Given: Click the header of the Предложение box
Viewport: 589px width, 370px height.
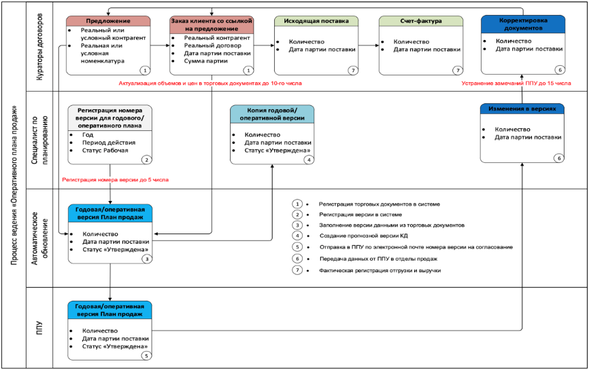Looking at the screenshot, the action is [x=108, y=21].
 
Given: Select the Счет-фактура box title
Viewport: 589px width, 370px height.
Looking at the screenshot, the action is [x=421, y=21].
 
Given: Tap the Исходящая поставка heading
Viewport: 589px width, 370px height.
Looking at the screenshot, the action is [x=316, y=21].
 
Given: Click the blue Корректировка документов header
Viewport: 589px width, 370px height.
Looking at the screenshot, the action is [x=523, y=24].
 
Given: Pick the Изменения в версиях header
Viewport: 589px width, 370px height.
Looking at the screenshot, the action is [x=522, y=109].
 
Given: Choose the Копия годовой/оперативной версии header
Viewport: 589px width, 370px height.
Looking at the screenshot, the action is [x=272, y=114].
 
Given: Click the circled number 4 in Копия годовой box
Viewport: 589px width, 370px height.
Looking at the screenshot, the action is [x=309, y=160].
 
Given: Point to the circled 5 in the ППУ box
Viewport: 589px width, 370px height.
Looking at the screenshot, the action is [x=147, y=356].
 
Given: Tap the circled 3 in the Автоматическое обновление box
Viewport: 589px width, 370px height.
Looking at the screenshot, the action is [x=147, y=259].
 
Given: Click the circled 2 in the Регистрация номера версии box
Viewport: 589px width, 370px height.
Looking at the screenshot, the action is [x=147, y=160].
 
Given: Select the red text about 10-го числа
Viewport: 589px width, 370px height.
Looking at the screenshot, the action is [x=210, y=84].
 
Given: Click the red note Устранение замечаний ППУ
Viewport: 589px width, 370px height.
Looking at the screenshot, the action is [x=516, y=84].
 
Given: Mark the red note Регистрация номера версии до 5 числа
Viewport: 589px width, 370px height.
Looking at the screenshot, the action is [x=116, y=180].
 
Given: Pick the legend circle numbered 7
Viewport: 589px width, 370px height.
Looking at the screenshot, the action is [x=297, y=270].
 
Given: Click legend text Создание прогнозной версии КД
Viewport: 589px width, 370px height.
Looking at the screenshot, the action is [x=364, y=236].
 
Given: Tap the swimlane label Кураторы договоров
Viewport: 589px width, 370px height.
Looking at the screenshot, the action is [x=39, y=47].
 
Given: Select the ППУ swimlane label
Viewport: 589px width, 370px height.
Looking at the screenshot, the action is [x=39, y=328].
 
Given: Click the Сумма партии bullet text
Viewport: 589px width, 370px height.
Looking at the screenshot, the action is [x=205, y=61].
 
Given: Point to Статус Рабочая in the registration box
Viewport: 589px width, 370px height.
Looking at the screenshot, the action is [x=105, y=150].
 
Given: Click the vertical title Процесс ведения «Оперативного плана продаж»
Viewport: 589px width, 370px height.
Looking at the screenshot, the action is [x=14, y=185].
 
